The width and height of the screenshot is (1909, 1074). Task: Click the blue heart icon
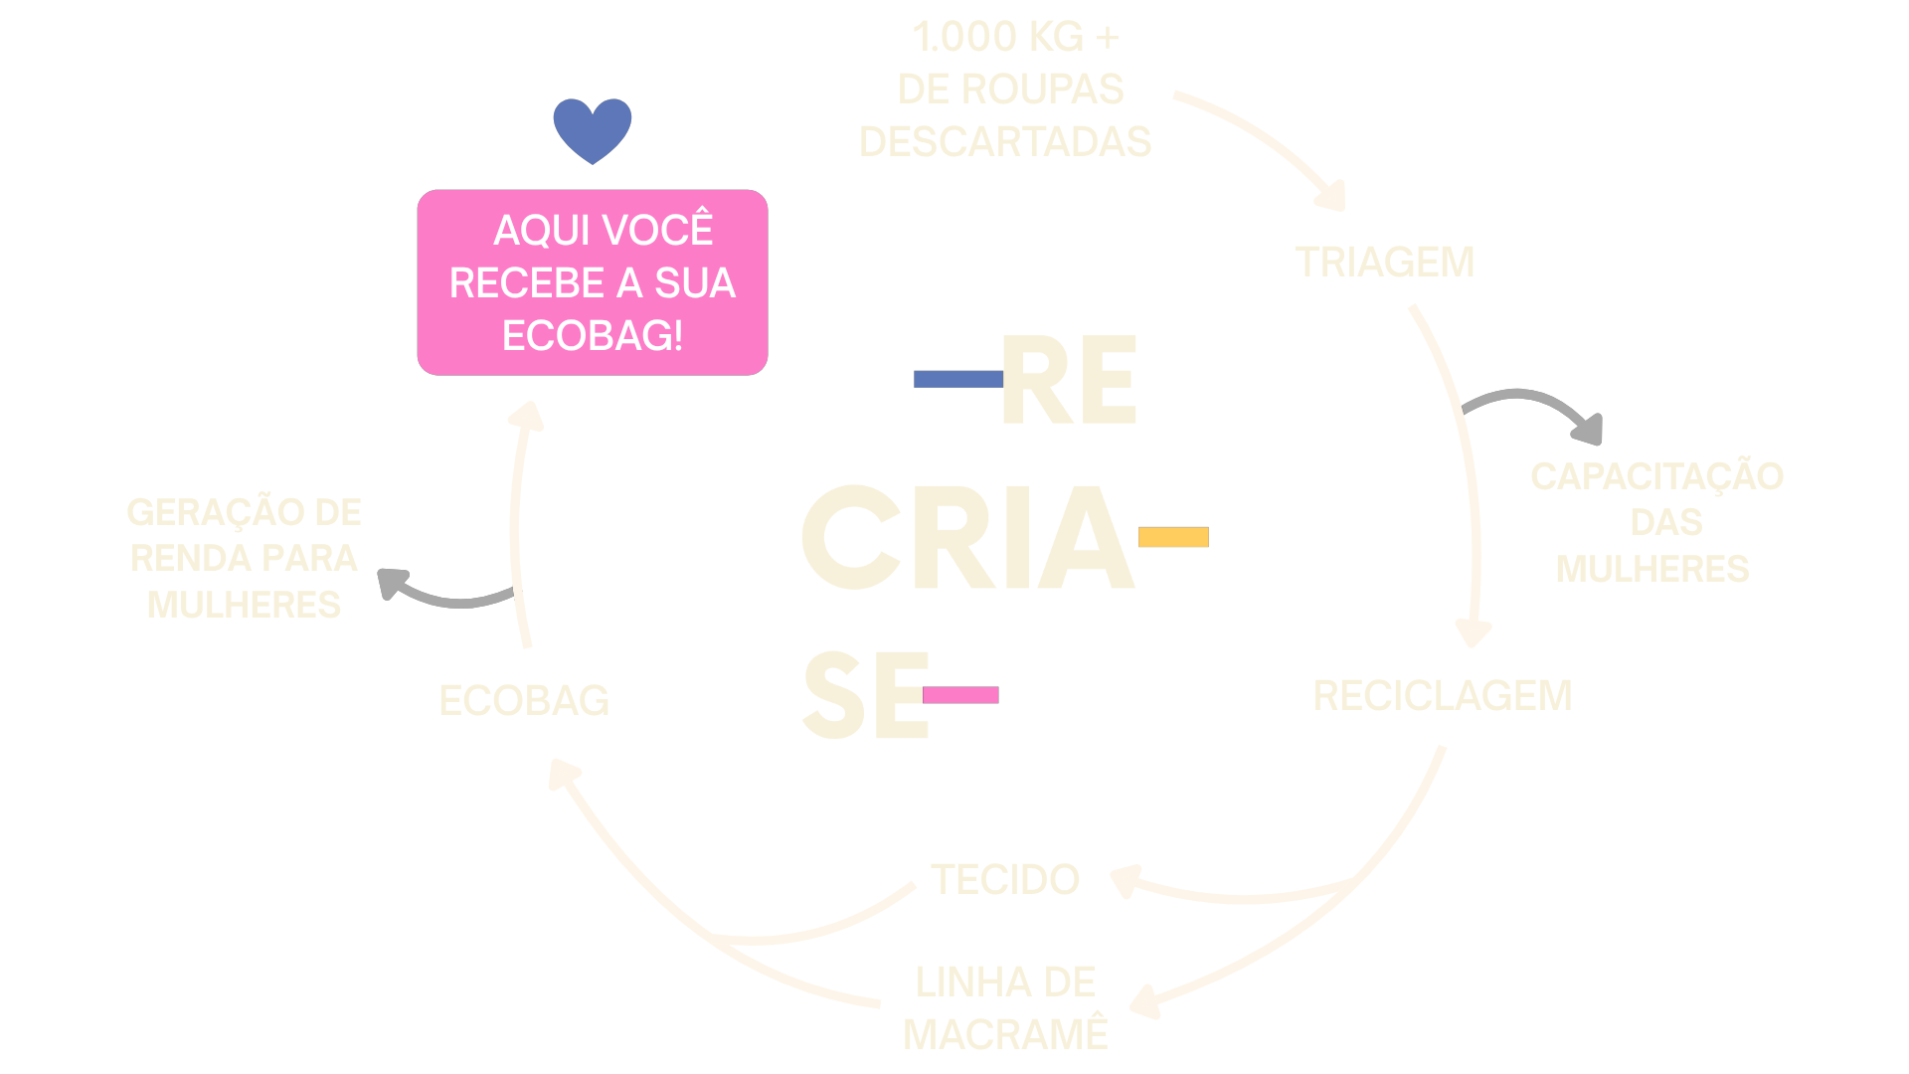pos(593,129)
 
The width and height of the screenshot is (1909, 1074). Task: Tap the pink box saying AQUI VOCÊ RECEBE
pos(593,282)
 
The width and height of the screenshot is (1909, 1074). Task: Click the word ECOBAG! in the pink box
pos(593,336)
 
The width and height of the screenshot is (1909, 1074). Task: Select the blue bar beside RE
pos(957,379)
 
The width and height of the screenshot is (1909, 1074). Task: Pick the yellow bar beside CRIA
pos(1173,537)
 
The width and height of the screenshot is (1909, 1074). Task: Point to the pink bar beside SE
pos(960,695)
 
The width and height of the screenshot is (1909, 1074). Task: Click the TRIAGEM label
pos(1384,263)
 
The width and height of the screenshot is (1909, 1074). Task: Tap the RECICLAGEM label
pos(1443,696)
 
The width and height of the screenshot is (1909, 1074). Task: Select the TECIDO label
pos(1005,880)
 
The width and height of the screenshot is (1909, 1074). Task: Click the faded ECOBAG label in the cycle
pos(524,701)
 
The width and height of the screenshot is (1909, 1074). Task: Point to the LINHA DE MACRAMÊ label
pos(1005,1008)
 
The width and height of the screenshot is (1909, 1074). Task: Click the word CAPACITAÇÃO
pos(1656,477)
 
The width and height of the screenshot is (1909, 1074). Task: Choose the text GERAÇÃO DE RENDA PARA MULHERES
pos(244,558)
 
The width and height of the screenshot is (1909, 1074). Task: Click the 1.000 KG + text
pos(1015,38)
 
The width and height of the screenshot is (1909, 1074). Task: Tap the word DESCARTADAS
pos(1005,142)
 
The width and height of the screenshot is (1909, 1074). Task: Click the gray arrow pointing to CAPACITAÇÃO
pos(1536,410)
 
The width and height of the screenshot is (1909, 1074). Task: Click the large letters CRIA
pos(967,537)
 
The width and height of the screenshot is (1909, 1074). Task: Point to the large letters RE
pos(1070,380)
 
